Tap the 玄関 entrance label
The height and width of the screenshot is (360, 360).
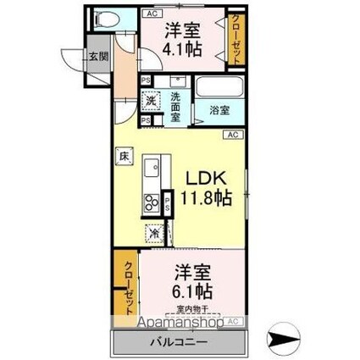pos(97,57)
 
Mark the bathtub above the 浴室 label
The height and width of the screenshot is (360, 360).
pos(219,88)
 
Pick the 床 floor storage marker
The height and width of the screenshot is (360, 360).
pos(123,156)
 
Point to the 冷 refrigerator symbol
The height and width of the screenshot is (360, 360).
pos(154,231)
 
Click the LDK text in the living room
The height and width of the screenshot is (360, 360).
pos(206,179)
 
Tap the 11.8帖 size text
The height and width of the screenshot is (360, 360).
pos(206,200)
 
